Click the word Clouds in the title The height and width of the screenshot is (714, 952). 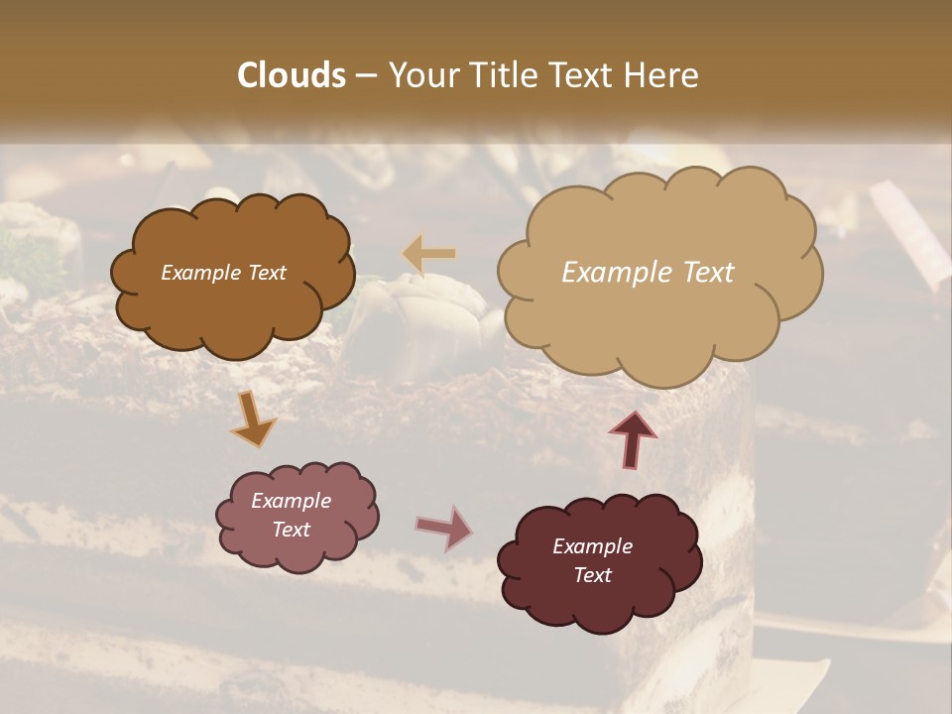pos(291,75)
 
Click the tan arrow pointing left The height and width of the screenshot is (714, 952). pos(428,254)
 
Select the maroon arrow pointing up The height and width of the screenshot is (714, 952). pos(633,438)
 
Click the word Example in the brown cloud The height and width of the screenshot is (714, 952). pos(201,273)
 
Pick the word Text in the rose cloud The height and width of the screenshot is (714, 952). pos(292,530)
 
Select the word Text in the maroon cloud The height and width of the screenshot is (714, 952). pos(593,575)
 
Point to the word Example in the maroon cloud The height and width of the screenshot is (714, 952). pos(593,546)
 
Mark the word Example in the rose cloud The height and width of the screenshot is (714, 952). pos(292,501)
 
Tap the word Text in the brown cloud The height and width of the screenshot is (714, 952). pos(266,273)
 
